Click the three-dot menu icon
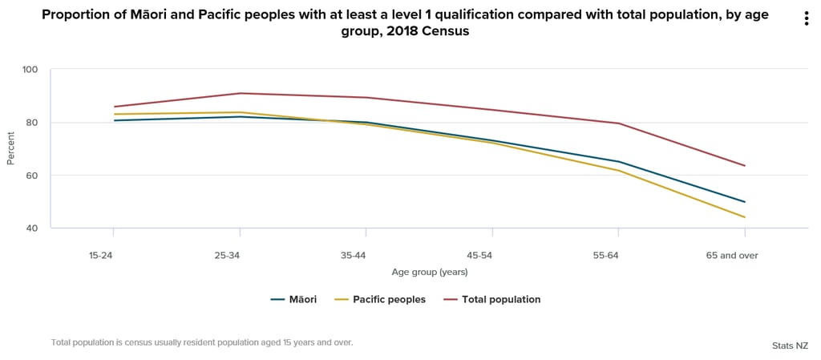pyautogui.click(x=807, y=19)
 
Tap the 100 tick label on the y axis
pyautogui.click(x=30, y=70)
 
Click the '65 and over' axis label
pyautogui.click(x=731, y=256)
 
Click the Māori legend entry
pyautogui.click(x=294, y=300)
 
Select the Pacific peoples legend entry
pyautogui.click(x=380, y=300)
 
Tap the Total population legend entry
pyautogui.click(x=491, y=300)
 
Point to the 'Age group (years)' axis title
pyautogui.click(x=430, y=273)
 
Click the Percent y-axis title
pyautogui.click(x=11, y=149)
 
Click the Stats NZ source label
pyautogui.click(x=790, y=346)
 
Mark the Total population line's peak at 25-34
pyautogui.click(x=240, y=93)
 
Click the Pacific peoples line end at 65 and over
pyautogui.click(x=745, y=217)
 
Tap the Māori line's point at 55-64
pyautogui.click(x=618, y=161)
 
